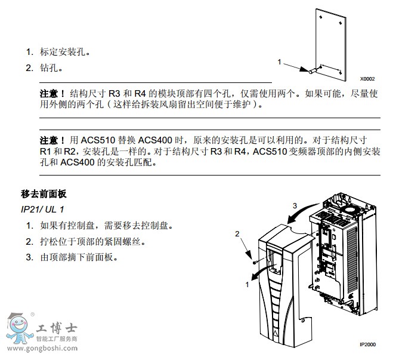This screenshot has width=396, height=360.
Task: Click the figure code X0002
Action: [367, 78]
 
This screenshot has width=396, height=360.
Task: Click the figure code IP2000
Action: [367, 344]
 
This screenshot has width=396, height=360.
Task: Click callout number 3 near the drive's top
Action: [293, 205]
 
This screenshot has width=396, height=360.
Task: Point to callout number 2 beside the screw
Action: [237, 233]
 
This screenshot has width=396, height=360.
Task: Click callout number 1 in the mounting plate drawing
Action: [279, 61]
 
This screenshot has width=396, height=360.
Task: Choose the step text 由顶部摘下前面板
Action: [79, 257]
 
